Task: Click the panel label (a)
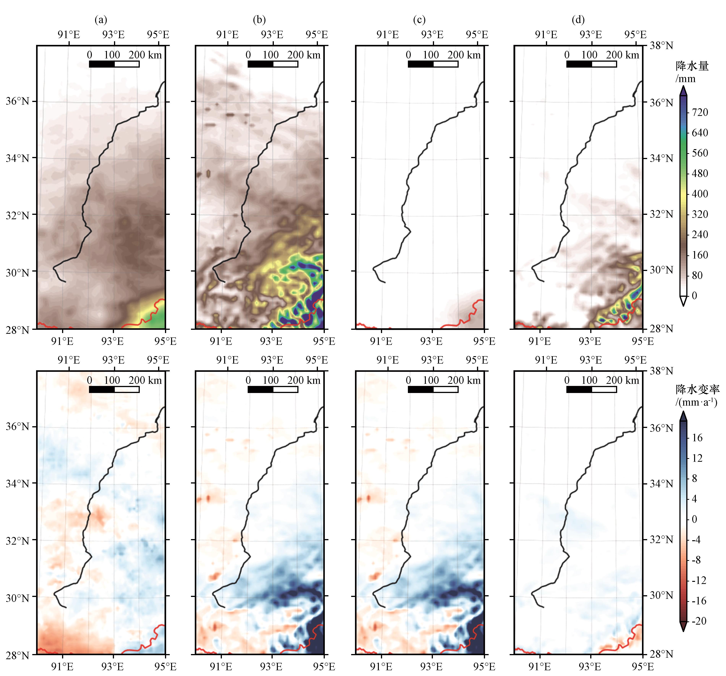coord(101,20)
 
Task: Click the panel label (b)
coord(259,20)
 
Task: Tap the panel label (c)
coord(419,20)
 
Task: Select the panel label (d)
coord(578,20)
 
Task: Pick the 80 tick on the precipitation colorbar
coord(697,275)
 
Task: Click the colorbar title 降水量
coord(692,66)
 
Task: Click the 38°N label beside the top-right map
coord(661,46)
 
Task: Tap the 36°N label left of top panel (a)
coord(17,101)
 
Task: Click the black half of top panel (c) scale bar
coord(421,64)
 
